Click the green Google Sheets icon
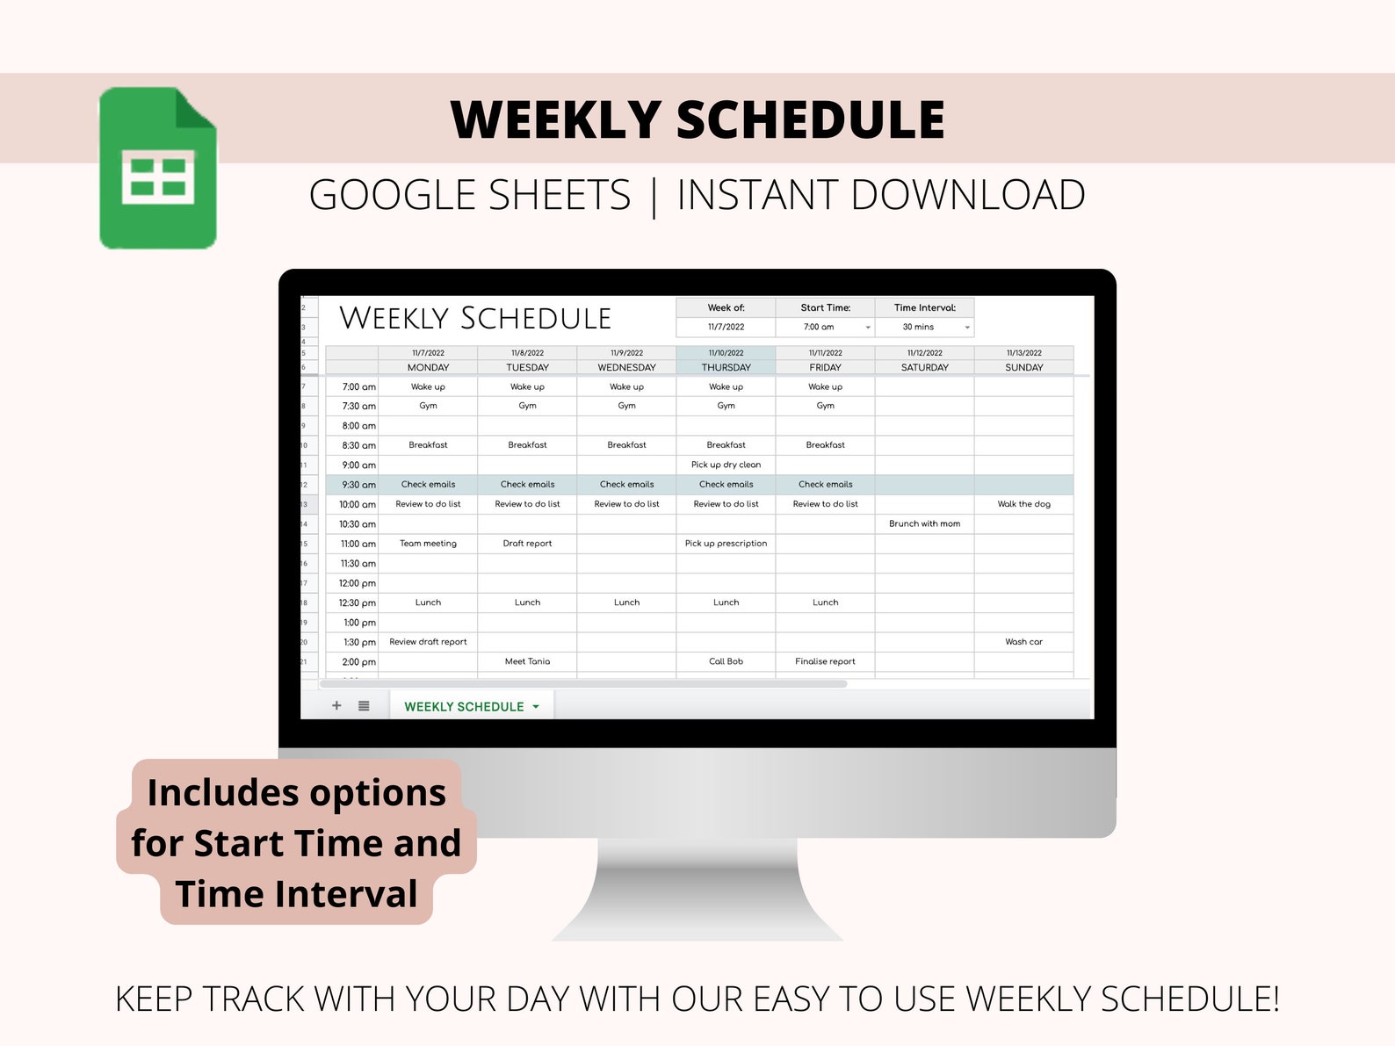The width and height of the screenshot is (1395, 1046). click(x=158, y=168)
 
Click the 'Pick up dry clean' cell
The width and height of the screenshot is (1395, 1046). click(x=726, y=465)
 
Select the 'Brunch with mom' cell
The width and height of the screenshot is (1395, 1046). click(x=924, y=523)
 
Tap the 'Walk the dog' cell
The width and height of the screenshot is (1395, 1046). click(x=1023, y=504)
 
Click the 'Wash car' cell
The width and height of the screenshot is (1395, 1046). click(x=1023, y=642)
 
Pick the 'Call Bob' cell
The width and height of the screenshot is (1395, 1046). click(x=726, y=661)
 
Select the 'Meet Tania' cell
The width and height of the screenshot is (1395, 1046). click(x=527, y=661)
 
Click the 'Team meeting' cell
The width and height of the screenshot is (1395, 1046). click(x=428, y=544)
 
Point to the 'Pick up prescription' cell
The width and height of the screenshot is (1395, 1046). click(x=726, y=544)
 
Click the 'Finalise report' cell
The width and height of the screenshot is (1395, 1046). click(x=825, y=661)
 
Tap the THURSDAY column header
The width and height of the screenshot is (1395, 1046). click(x=726, y=368)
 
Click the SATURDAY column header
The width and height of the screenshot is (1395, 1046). click(x=924, y=368)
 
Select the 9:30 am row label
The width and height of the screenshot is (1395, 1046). click(x=358, y=485)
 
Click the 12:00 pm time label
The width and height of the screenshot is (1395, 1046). click(x=357, y=583)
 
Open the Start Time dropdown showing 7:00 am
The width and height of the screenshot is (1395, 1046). click(x=867, y=328)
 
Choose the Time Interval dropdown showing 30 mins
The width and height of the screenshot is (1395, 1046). click(x=966, y=328)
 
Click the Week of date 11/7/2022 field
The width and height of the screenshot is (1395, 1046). click(x=726, y=327)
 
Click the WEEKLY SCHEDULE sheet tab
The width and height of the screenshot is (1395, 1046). click(x=464, y=707)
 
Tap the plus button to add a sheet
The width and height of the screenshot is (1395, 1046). click(x=336, y=705)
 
